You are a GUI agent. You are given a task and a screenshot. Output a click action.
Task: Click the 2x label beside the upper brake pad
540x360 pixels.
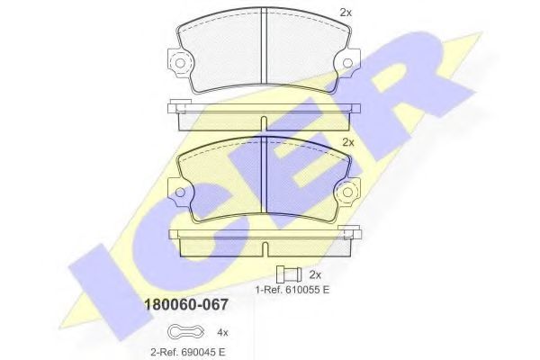pos(346,13)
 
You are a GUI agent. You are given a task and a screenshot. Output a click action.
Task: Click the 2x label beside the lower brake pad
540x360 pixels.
pos(349,142)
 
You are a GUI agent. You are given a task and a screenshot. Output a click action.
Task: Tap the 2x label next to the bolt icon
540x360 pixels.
pos(315,274)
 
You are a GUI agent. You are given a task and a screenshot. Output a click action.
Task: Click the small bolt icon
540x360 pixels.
pos(289,274)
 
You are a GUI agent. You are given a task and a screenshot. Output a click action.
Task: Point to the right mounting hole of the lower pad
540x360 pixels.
pos(345,192)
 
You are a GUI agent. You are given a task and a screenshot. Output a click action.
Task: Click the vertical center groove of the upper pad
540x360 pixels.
pos(262,53)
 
